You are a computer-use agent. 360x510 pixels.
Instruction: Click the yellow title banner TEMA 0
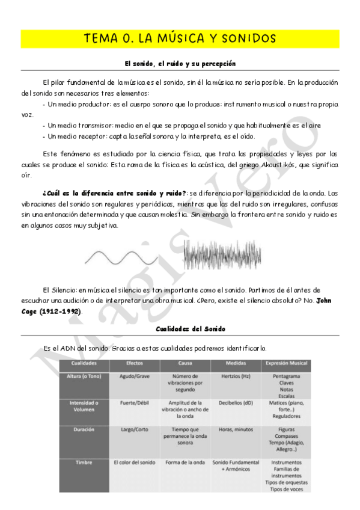click(x=180, y=38)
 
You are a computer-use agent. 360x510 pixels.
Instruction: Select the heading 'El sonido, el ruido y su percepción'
click(x=180, y=63)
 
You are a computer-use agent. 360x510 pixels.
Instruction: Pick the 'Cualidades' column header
click(x=84, y=364)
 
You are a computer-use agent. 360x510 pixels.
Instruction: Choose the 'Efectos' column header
click(x=134, y=364)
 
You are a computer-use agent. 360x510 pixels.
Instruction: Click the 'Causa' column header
click(x=185, y=364)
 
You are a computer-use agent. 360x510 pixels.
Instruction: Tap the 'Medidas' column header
click(x=235, y=364)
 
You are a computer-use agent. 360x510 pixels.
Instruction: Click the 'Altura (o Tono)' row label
click(x=84, y=376)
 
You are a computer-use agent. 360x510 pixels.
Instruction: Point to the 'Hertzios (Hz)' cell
click(x=235, y=376)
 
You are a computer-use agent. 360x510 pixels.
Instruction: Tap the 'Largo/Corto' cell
click(x=134, y=431)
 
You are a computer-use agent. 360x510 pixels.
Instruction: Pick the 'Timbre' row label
click(x=84, y=462)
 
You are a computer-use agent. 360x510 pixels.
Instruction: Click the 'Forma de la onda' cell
click(x=185, y=462)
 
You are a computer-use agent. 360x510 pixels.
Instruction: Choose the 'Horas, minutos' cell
click(x=235, y=431)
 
